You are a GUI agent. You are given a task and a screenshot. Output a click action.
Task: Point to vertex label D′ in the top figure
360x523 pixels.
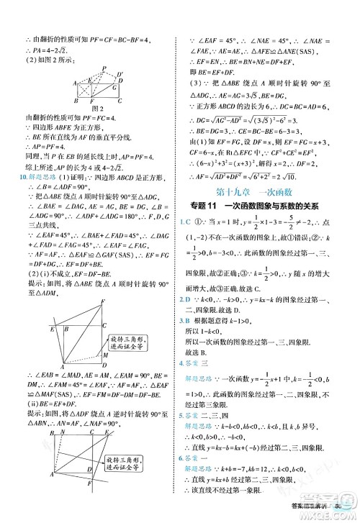pos(121,74)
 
